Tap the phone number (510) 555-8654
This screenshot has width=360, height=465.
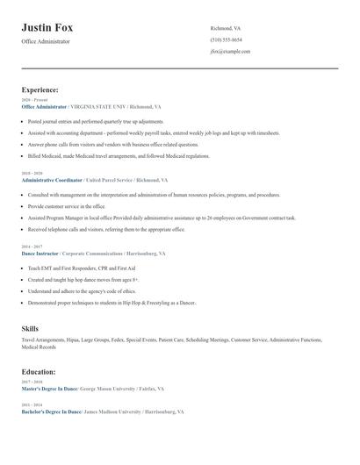click(x=226, y=39)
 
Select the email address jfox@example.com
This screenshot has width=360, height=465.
click(x=230, y=51)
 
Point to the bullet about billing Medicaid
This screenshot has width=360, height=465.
click(x=119, y=155)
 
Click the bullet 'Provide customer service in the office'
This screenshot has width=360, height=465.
click(x=72, y=206)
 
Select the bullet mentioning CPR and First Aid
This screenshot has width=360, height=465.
click(x=83, y=268)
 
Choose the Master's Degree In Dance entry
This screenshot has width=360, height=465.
click(x=50, y=388)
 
